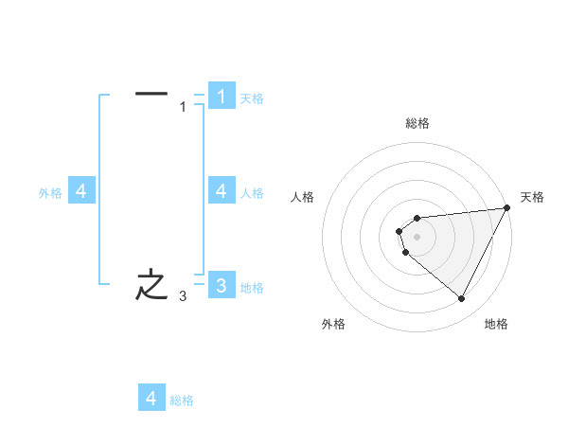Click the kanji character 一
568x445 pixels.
151,94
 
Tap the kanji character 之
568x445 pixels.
151,285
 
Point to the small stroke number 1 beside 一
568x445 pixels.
184,107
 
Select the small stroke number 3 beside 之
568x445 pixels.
184,297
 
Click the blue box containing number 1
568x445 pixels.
222,96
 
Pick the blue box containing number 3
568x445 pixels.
222,285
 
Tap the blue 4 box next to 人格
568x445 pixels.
222,191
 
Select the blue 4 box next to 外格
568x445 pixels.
81,191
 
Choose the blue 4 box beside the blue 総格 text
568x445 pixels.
151,399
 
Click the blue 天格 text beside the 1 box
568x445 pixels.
252,98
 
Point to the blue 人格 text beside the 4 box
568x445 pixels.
252,193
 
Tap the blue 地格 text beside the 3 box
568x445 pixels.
252,288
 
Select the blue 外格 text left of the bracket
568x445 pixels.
50,193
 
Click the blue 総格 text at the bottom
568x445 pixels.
182,400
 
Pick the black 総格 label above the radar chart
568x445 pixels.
417,123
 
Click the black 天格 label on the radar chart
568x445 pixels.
533,197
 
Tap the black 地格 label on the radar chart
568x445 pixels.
496,324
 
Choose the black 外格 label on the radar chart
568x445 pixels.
333,324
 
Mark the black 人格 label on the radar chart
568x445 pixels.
303,197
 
